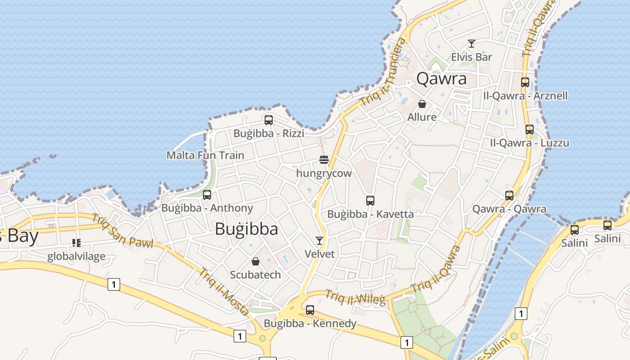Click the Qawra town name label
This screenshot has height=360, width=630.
click(441, 79)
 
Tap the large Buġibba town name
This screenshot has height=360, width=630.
click(246, 229)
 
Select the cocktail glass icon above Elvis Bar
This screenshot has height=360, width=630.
click(472, 44)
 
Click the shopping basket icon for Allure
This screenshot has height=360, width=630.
click(422, 104)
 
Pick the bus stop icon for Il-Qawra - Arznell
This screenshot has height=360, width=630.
click(525, 82)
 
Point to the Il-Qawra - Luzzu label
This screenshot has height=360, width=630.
click(529, 143)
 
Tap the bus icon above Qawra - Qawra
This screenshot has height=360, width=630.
click(509, 195)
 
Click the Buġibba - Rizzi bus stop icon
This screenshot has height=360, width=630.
click(269, 120)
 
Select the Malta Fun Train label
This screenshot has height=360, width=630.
click(205, 155)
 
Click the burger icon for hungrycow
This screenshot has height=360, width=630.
click(324, 159)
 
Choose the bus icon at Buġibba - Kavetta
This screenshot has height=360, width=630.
click(370, 201)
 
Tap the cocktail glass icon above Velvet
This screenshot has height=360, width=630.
click(319, 240)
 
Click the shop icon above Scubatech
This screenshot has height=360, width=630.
click(256, 261)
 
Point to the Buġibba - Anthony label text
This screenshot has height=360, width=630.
click(207, 208)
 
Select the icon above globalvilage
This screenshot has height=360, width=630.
click(76, 243)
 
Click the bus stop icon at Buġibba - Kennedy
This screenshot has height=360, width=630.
click(310, 310)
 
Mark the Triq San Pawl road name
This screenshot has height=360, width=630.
click(122, 231)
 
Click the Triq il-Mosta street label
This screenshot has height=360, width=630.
click(224, 292)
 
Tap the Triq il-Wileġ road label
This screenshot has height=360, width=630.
click(356, 297)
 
